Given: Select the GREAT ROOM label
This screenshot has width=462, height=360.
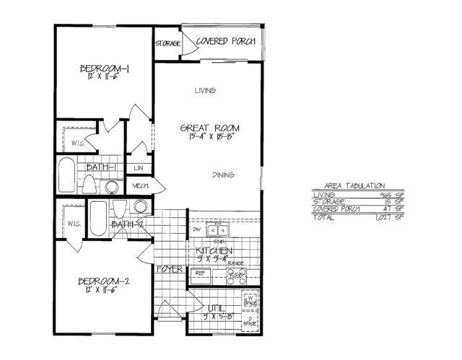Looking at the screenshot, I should [x=209, y=128].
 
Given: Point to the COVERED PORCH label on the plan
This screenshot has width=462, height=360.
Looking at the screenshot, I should [x=225, y=42].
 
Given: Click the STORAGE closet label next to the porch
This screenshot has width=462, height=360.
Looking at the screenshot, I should [x=167, y=43].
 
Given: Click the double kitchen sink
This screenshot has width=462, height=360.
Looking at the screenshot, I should [x=217, y=231].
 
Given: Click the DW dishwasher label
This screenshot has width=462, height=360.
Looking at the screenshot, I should [x=196, y=229].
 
